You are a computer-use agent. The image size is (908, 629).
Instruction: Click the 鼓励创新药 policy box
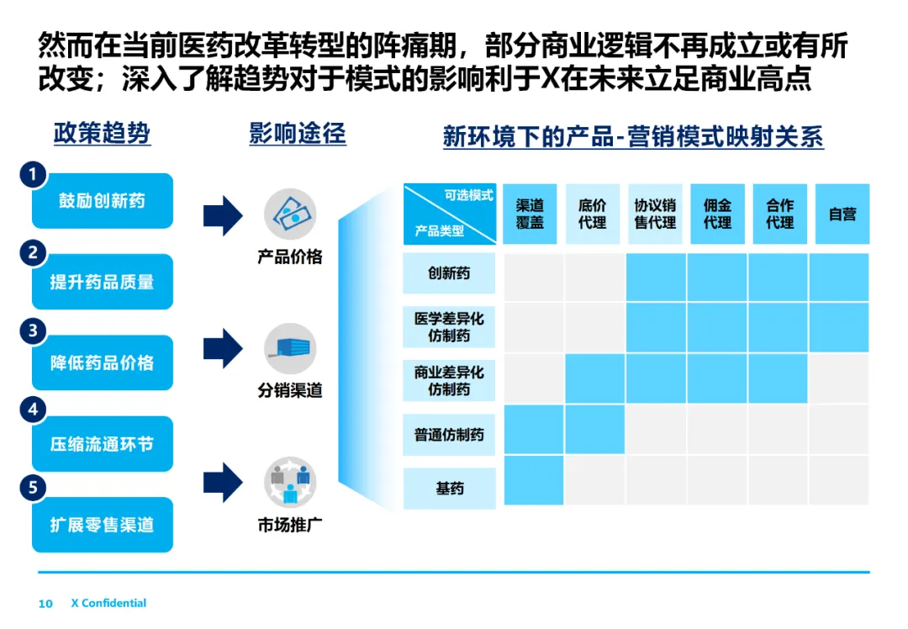[102, 201]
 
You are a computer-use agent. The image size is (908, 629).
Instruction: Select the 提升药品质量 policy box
[102, 282]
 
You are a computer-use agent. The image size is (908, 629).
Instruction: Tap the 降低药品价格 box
[102, 362]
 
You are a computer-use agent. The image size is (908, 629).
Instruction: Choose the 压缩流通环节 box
[102, 444]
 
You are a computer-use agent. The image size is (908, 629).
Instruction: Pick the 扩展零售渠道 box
[102, 525]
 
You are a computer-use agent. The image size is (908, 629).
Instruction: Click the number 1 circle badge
[33, 175]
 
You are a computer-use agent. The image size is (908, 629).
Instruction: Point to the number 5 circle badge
[33, 487]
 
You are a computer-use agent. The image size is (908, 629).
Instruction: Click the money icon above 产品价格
[290, 214]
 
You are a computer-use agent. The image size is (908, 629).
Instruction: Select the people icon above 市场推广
[290, 482]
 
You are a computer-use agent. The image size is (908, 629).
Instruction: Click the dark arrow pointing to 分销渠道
[223, 348]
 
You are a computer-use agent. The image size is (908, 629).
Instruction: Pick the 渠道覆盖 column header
[530, 214]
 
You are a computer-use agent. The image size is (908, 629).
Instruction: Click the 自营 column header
[842, 214]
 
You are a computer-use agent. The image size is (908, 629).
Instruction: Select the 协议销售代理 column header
[655, 214]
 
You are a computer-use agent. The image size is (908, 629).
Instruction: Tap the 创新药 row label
[449, 273]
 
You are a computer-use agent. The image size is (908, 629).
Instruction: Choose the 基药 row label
[449, 489]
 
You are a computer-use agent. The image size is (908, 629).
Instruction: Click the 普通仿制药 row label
[449, 435]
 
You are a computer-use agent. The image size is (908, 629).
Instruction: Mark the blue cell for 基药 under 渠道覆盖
[533, 480]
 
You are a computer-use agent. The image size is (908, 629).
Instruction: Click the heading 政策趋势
[102, 134]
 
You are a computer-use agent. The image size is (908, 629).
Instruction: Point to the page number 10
[45, 604]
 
